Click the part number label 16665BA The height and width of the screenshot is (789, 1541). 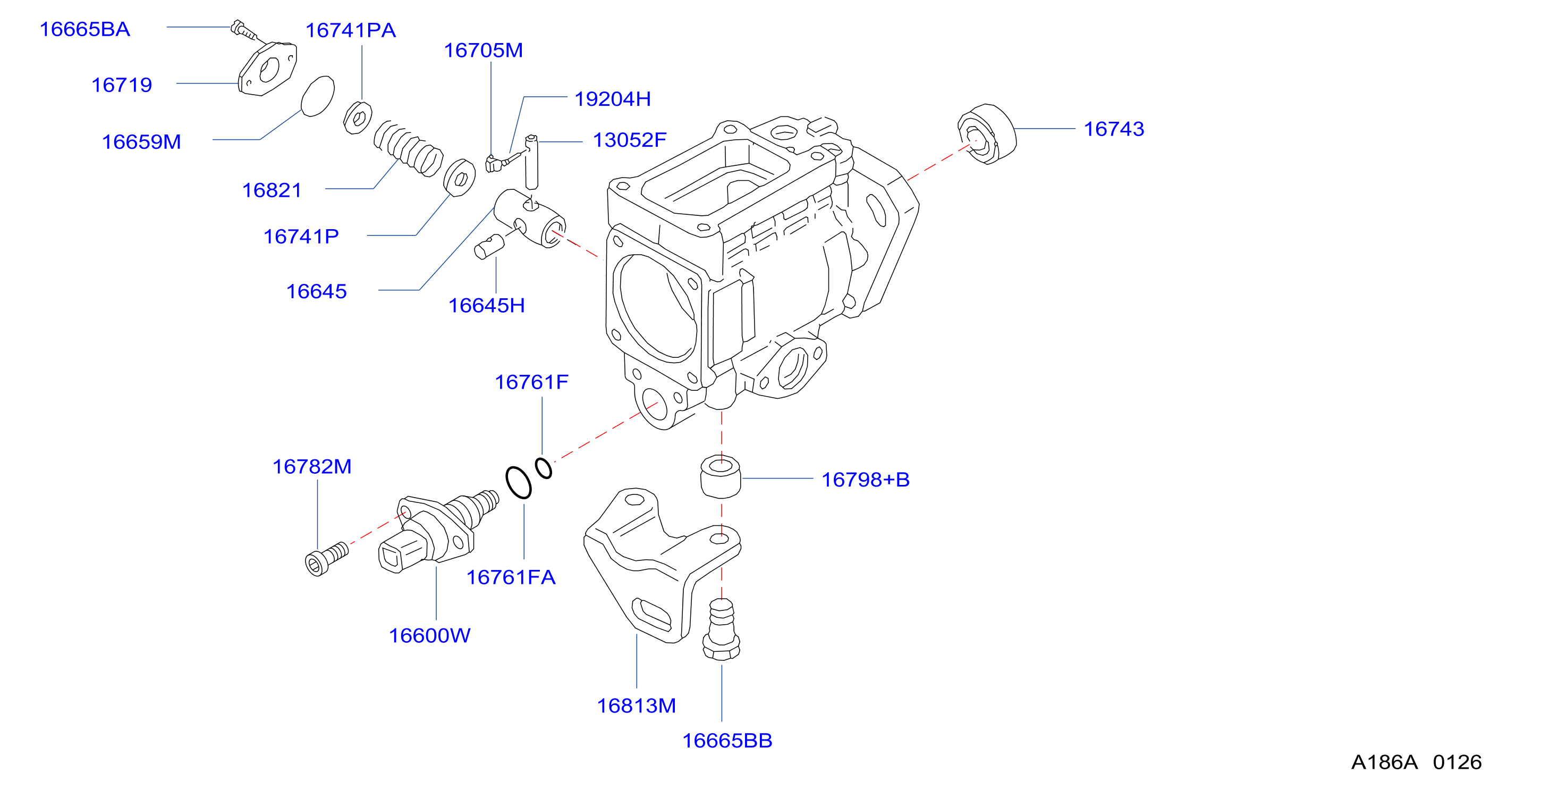tap(84, 29)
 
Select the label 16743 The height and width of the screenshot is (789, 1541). tap(1114, 129)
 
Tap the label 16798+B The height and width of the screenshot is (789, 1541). tap(865, 480)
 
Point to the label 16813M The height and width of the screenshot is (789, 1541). tap(636, 706)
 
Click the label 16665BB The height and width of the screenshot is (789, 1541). tap(727, 741)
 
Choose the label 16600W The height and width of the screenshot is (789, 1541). tap(429, 635)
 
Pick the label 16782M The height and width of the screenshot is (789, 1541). tap(312, 466)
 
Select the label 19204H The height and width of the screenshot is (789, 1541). tap(613, 99)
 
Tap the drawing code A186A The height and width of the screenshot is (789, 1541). tap(1384, 762)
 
